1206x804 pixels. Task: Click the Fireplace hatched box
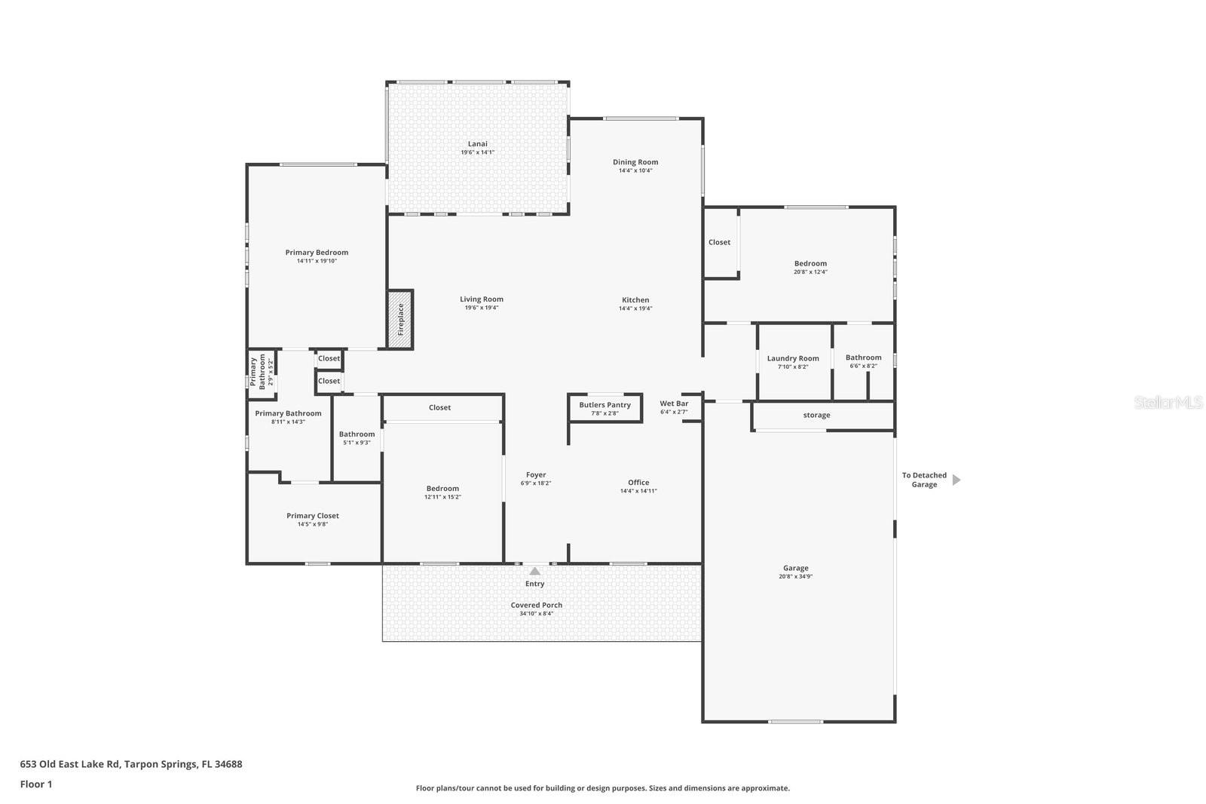pos(400,320)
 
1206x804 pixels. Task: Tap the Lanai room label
pos(477,144)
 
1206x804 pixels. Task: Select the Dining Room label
pos(635,162)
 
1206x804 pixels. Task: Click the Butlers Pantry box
pos(605,408)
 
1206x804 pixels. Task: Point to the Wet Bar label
pos(674,404)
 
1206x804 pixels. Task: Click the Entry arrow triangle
pos(534,571)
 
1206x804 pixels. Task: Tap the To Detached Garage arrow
pos(957,480)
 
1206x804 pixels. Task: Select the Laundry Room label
pos(793,358)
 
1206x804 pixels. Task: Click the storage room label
pos(816,416)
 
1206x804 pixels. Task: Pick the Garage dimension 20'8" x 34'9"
pos(795,577)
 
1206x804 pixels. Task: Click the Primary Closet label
pos(312,516)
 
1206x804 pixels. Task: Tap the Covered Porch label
pos(536,605)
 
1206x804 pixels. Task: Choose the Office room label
pos(638,483)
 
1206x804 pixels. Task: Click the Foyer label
pos(536,475)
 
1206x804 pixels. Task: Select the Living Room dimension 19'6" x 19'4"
pos(482,308)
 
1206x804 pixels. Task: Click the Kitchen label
pos(635,300)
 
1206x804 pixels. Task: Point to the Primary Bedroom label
pos(317,253)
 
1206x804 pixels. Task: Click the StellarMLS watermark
pos(1168,403)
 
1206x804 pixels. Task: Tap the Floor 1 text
pos(36,784)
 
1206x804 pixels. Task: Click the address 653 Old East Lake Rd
pos(131,764)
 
